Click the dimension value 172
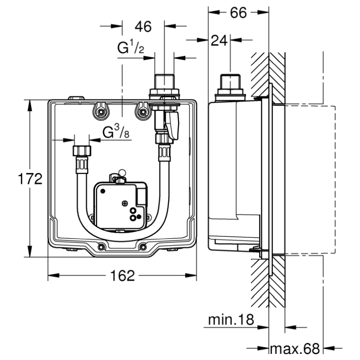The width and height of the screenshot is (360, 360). [x=30, y=179]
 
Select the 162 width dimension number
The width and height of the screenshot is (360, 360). [x=122, y=275]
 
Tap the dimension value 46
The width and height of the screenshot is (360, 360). [x=143, y=27]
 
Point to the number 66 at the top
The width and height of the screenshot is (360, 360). [x=238, y=13]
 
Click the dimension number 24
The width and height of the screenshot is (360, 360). [x=219, y=41]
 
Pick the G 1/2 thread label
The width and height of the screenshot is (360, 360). [x=131, y=46]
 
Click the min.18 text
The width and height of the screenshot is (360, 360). [x=231, y=319]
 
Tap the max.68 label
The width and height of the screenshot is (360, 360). [x=295, y=349]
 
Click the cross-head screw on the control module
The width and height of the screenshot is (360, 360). [x=125, y=203]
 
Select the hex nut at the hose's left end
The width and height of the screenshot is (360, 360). [x=82, y=151]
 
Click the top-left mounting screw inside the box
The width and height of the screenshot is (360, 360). [x=100, y=112]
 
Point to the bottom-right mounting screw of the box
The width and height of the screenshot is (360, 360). [x=143, y=247]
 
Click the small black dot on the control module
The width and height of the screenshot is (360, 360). [x=103, y=191]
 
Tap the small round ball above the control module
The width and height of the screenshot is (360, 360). [x=122, y=172]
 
